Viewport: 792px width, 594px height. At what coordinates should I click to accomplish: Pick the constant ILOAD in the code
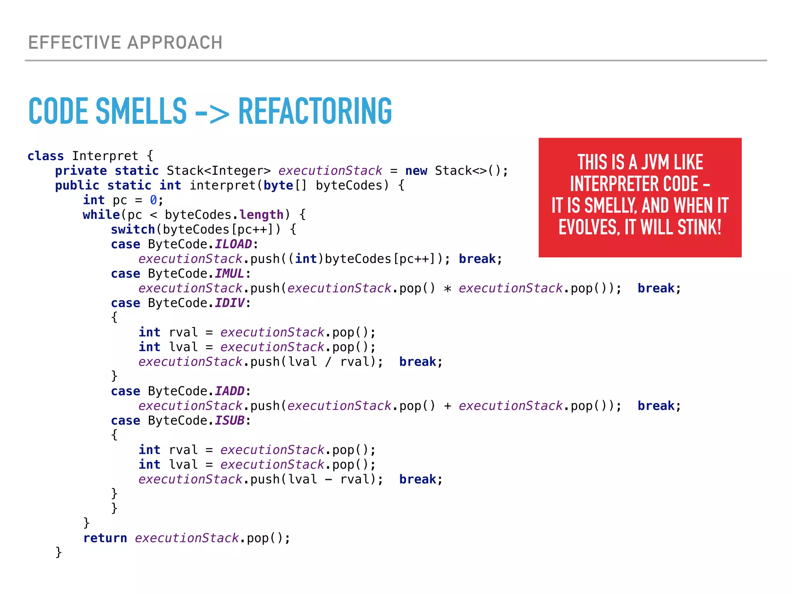click(x=233, y=244)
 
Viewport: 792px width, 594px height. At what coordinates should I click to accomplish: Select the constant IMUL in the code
click(x=229, y=274)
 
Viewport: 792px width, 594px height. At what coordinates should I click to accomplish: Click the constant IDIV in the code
click(x=229, y=303)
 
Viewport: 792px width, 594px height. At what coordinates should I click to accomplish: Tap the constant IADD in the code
click(x=229, y=391)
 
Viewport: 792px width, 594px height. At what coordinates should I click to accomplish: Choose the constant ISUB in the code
click(x=229, y=421)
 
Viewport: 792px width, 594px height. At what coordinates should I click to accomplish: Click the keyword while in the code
click(x=101, y=215)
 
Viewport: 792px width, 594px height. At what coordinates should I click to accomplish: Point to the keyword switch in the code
click(x=133, y=230)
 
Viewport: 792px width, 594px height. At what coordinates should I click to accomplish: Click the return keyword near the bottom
click(x=105, y=538)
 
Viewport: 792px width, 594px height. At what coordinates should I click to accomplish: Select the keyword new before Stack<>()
click(x=416, y=171)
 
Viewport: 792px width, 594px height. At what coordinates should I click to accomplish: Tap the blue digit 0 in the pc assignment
click(x=154, y=200)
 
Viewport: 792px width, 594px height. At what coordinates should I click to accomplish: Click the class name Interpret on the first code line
click(x=105, y=156)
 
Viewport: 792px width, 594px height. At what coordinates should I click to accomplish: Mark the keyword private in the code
click(x=81, y=171)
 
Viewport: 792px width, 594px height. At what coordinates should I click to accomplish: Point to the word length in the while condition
click(x=261, y=215)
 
